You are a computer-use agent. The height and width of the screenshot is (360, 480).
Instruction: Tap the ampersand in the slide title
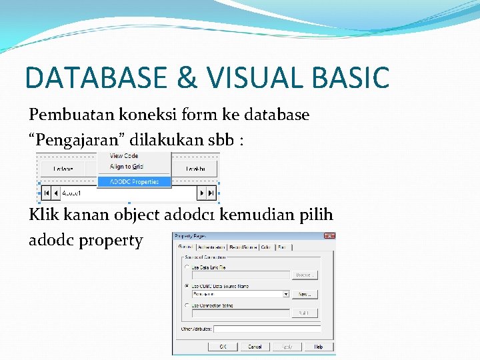[x=189, y=77]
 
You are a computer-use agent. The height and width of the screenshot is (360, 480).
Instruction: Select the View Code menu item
[x=124, y=156]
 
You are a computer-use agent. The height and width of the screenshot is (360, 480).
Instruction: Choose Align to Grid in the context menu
[x=126, y=167]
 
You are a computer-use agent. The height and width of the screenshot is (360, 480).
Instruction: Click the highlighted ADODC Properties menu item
[x=134, y=181]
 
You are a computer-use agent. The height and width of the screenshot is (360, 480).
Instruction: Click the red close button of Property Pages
[x=329, y=236]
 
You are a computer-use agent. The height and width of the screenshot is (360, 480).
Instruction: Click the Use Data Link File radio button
[x=187, y=267]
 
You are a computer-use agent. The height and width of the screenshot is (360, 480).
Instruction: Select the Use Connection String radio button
[x=187, y=305]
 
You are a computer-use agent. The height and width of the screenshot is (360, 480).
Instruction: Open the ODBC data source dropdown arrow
[x=286, y=293]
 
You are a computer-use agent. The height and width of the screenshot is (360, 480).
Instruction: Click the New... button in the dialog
[x=304, y=293]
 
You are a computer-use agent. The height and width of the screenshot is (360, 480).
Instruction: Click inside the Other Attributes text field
[x=267, y=329]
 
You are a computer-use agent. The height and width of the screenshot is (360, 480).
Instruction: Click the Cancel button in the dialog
[x=255, y=347]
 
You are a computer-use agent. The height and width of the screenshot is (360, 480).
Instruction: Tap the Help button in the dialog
[x=319, y=347]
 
